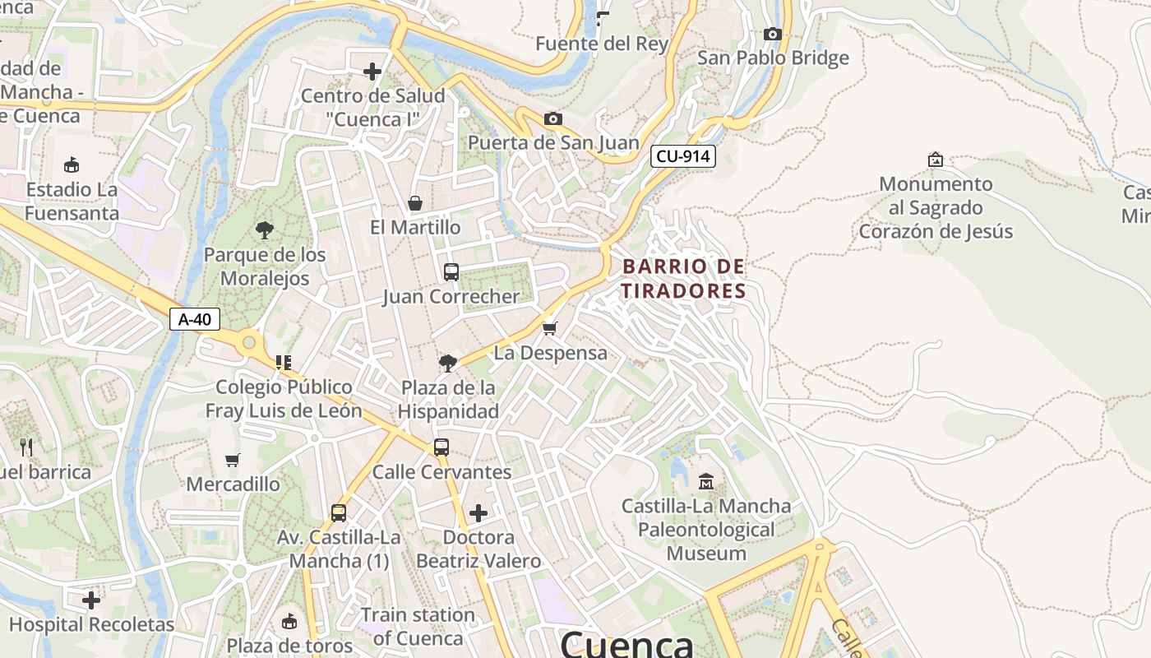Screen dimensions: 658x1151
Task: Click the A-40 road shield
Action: (x=195, y=319)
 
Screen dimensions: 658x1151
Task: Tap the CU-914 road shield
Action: (x=682, y=155)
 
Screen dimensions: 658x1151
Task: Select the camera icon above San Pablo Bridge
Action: (x=772, y=34)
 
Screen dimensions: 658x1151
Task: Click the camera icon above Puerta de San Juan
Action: (x=553, y=119)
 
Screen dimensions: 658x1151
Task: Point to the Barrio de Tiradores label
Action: (x=683, y=278)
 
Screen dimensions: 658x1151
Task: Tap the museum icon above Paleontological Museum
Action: (x=706, y=480)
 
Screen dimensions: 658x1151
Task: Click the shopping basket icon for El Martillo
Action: (x=415, y=203)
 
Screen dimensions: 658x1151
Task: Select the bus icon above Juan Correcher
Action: (x=451, y=272)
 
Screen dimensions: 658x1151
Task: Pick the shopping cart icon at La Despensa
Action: (x=550, y=329)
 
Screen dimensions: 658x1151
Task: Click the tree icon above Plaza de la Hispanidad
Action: (x=448, y=363)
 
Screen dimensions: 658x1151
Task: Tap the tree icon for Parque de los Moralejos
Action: (x=264, y=230)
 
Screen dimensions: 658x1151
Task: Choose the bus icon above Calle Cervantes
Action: (x=441, y=447)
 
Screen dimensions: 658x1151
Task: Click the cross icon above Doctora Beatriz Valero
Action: (x=478, y=513)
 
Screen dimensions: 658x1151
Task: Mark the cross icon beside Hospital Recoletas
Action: (x=91, y=600)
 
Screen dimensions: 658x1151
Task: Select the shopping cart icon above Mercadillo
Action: (x=233, y=460)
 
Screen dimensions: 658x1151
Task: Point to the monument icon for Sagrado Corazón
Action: (x=935, y=160)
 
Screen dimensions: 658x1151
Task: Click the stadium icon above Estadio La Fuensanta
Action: (x=72, y=164)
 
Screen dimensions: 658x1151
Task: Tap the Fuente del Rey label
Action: (x=602, y=44)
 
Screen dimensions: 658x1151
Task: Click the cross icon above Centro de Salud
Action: (x=372, y=72)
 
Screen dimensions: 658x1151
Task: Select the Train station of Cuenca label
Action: (x=418, y=626)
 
